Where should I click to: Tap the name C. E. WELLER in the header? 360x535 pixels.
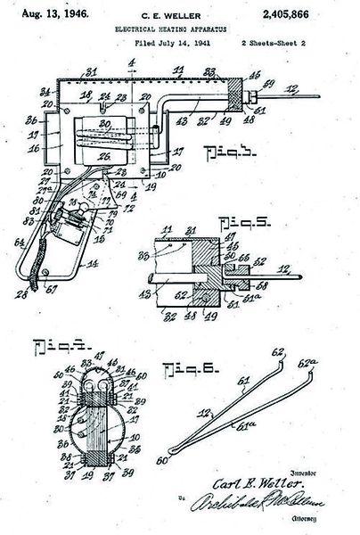(x=181, y=16)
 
